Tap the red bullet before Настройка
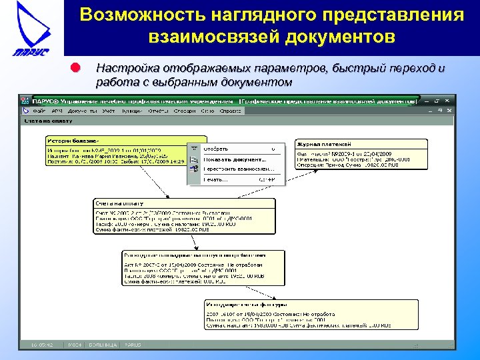75,68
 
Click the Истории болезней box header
73,141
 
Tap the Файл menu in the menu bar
39,111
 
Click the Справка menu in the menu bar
230,111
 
